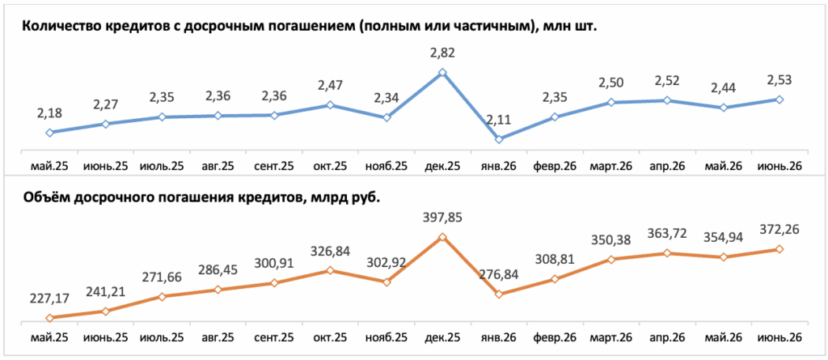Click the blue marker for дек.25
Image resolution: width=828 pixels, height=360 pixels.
tap(442, 73)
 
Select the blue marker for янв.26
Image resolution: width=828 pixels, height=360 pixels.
tap(498, 139)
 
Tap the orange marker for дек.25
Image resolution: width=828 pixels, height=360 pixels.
tap(442, 237)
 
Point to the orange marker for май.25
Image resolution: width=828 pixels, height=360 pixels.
tap(49, 318)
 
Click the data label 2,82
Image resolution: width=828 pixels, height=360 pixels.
tap(442, 53)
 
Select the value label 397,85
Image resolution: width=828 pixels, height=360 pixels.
tap(442, 218)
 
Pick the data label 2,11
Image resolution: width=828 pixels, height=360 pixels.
tap(498, 119)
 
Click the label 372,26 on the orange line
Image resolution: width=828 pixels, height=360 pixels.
tap(779, 230)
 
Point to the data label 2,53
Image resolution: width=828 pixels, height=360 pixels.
tap(779, 80)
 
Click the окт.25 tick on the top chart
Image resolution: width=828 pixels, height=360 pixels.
tap(330, 166)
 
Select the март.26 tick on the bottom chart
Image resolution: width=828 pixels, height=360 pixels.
tap(611, 337)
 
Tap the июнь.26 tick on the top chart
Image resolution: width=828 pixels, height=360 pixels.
tap(779, 166)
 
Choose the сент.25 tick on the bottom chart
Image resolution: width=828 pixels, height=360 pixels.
tap(274, 337)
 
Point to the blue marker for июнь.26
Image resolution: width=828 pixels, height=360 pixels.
tap(779, 100)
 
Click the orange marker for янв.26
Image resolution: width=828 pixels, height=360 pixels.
tap(498, 294)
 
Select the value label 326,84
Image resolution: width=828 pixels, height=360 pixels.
tap(330, 251)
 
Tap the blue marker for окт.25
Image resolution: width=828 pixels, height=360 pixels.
tap(330, 104)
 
